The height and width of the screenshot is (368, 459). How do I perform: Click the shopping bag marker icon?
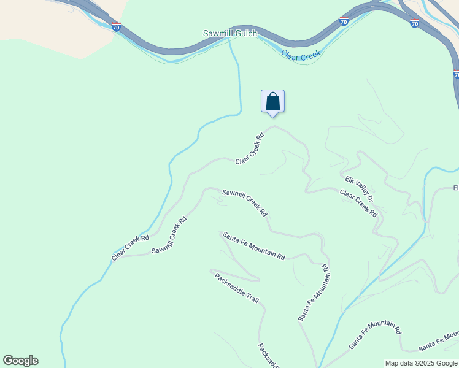tap(273, 102)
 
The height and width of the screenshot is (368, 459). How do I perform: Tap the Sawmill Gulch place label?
tap(230, 33)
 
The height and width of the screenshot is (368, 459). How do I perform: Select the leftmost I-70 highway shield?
tap(117, 26)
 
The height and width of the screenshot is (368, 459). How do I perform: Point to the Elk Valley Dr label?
tap(359, 189)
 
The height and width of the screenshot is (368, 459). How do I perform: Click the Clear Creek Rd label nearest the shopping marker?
tap(250, 148)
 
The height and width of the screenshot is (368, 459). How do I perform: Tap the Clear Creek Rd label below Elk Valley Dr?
tap(358, 203)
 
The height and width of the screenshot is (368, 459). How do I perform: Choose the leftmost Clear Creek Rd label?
tap(130, 248)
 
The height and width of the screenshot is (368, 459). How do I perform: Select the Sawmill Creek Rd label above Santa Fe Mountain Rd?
tap(245, 202)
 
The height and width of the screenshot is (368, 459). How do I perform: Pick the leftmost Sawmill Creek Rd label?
tap(169, 235)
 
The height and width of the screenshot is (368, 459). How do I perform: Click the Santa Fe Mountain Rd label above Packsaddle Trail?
tap(254, 245)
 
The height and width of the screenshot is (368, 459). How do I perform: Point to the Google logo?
tap(20, 361)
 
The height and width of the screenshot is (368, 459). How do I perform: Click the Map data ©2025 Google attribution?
tap(421, 363)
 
